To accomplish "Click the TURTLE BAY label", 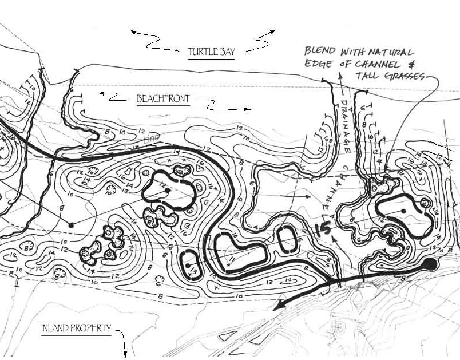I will tap(211, 53).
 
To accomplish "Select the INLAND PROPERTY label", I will tap(76, 329).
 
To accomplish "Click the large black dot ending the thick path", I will tap(430, 263).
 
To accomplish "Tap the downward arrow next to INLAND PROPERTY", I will tap(123, 342).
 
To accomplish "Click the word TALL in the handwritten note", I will tap(370, 77).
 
